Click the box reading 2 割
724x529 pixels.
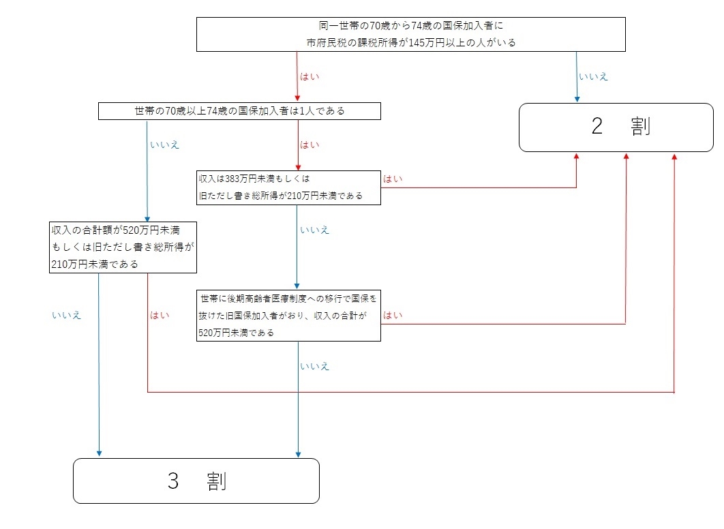[x=616, y=127]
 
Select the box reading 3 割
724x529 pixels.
[x=196, y=481]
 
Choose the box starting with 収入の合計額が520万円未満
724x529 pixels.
[x=123, y=246]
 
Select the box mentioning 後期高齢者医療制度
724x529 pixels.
[x=287, y=316]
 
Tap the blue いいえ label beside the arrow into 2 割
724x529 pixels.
[x=593, y=76]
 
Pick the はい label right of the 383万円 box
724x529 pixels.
[x=393, y=179]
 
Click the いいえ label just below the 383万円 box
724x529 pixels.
[x=315, y=230]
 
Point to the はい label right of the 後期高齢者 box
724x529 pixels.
[x=393, y=315]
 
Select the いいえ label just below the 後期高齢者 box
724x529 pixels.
[x=315, y=366]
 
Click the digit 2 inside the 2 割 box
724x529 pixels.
[x=597, y=127]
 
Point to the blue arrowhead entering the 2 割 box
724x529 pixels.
[x=577, y=100]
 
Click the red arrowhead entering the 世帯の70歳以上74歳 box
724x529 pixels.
[x=298, y=100]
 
